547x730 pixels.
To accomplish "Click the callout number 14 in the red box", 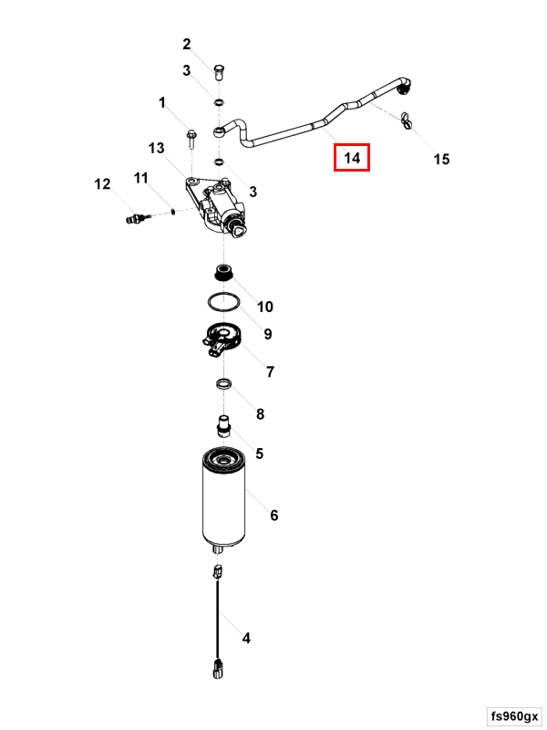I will pyautogui.click(x=352, y=159).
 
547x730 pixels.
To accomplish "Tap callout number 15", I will pyautogui.click(x=441, y=160).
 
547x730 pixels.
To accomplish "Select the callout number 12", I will pyautogui.click(x=102, y=184).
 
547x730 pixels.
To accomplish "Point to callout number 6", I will pyautogui.click(x=273, y=516).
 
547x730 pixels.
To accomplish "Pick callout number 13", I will pyautogui.click(x=156, y=148).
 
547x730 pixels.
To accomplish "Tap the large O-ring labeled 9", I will pyautogui.click(x=222, y=301).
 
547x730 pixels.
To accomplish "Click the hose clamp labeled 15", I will pyautogui.click(x=408, y=119).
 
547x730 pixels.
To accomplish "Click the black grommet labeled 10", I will pyautogui.click(x=221, y=271).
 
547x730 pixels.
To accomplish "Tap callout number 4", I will pyautogui.click(x=245, y=638).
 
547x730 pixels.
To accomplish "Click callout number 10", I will pyautogui.click(x=264, y=307).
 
